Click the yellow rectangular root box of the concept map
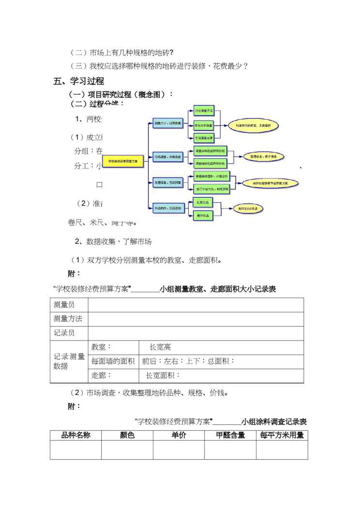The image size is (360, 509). pyautogui.click(x=123, y=161)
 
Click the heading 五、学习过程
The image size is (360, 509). pyautogui.click(x=79, y=81)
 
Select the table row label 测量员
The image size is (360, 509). pyautogui.click(x=64, y=305)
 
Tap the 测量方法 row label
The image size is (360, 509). pyautogui.click(x=68, y=319)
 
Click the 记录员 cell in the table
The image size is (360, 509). pyautogui.click(x=64, y=333)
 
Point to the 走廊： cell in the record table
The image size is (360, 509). pyautogui.click(x=102, y=375)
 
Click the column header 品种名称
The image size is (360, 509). pyautogui.click(x=75, y=435)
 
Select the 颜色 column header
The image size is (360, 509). pyautogui.click(x=127, y=435)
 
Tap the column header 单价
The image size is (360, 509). pyautogui.click(x=179, y=435)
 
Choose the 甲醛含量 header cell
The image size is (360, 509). pyautogui.click(x=230, y=435)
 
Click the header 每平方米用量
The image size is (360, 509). pyautogui.click(x=282, y=435)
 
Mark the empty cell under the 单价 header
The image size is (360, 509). pyautogui.click(x=179, y=450)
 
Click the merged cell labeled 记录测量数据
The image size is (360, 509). pyautogui.click(x=69, y=361)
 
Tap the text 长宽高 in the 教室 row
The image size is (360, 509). pyautogui.click(x=160, y=347)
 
